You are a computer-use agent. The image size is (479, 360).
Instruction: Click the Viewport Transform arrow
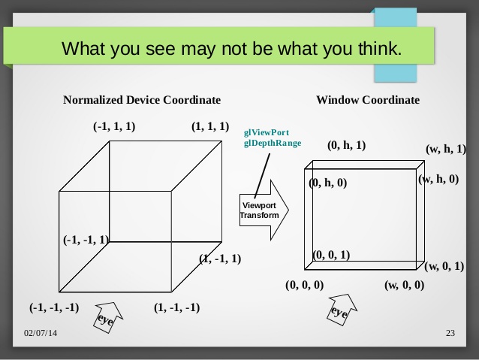point(264,210)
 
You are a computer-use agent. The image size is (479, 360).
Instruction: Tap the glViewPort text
point(267,132)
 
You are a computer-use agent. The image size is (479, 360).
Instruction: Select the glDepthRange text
point(273,143)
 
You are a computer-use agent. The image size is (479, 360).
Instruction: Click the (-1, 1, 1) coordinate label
point(114,126)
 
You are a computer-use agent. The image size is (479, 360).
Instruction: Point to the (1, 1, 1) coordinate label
point(210,126)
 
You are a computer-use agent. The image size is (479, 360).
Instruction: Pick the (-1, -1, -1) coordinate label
point(54,307)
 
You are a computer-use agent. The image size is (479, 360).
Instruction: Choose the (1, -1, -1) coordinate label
point(177,307)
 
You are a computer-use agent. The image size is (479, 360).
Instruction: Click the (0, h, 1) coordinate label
point(346,145)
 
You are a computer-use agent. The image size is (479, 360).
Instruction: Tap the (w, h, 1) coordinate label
point(446,149)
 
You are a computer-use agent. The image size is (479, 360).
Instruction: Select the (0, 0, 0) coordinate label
point(305,285)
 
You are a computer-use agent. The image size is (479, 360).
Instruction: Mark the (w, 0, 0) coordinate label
point(404,285)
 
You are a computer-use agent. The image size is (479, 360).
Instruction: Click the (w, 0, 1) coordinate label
point(444,266)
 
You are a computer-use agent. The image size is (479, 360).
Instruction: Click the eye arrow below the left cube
point(107,317)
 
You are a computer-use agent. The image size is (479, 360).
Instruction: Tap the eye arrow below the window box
point(341,310)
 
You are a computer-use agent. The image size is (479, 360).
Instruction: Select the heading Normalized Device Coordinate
point(142,100)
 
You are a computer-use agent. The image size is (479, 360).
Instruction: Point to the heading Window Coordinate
point(368,100)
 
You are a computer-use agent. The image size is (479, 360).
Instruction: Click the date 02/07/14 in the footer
point(41,333)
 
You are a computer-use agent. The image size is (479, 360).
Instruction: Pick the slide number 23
point(450,333)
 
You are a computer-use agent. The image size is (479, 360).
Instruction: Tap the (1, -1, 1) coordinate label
point(220,259)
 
